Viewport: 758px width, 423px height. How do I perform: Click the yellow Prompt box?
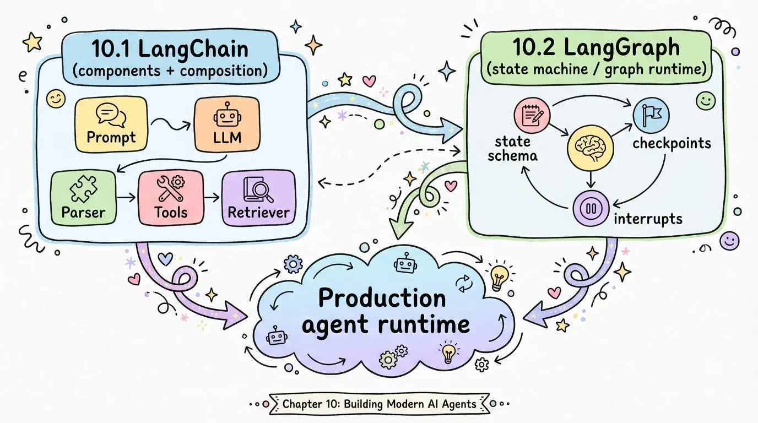tap(111, 125)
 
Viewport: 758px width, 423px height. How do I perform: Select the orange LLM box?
tap(226, 125)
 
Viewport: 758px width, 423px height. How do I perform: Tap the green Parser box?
tap(83, 198)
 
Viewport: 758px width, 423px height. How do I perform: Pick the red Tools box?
tap(171, 198)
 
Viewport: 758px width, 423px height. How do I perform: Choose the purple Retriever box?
tap(258, 198)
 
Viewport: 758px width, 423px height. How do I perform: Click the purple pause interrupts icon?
tap(589, 209)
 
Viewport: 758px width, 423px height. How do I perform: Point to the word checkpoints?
tap(672, 144)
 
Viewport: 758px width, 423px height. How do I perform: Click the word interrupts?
tap(647, 219)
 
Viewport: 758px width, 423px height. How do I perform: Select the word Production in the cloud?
tap(382, 298)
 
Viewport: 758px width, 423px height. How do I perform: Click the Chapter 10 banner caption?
tap(379, 404)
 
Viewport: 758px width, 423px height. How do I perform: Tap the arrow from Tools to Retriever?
tap(210, 196)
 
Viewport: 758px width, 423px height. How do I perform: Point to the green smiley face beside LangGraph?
tap(705, 100)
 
